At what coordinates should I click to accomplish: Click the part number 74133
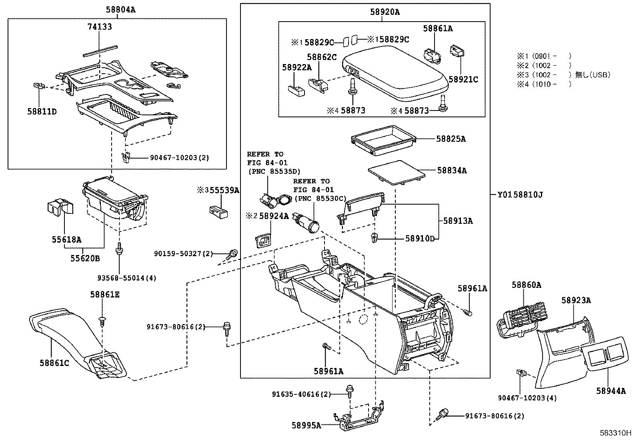pyautogui.click(x=100, y=27)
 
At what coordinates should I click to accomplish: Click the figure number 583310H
pyautogui.click(x=615, y=433)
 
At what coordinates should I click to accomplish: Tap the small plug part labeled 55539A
pyautogui.click(x=219, y=211)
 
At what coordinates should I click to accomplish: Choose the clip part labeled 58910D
pyautogui.click(x=375, y=237)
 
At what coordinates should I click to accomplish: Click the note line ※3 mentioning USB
pyautogui.click(x=563, y=75)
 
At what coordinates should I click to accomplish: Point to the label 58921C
pyautogui.click(x=463, y=79)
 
